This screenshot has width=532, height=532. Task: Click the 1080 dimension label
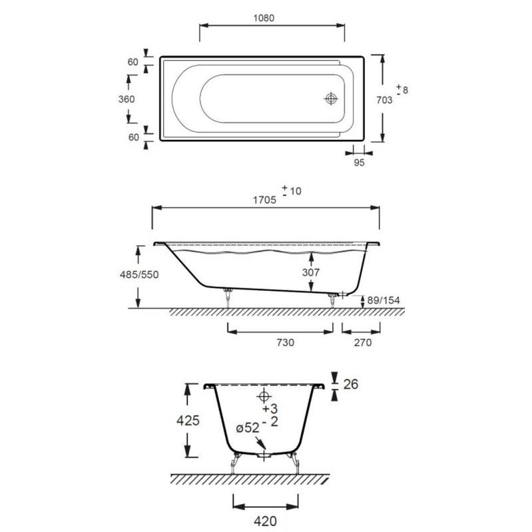coord(264,18)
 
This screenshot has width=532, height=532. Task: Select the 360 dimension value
coord(127,99)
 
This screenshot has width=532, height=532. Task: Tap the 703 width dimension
coord(384,100)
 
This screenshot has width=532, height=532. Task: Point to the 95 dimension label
coord(359,162)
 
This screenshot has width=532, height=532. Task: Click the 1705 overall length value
coord(264,200)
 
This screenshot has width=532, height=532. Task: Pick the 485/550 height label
coord(139,274)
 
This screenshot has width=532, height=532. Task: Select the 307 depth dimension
coord(311,272)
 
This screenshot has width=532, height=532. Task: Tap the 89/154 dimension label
coord(384,300)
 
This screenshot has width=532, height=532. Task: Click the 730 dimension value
coord(285,343)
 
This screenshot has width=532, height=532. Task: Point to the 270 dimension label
coord(363,343)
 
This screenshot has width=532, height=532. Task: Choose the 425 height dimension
coord(188,421)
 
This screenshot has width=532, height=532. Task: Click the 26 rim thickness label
coord(351,384)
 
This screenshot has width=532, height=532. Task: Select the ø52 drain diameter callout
coord(248,428)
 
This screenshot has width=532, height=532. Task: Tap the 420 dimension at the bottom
coord(265,521)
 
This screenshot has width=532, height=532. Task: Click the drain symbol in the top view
coord(331,99)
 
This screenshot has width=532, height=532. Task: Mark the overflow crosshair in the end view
coord(264,396)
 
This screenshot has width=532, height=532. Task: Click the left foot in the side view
coord(228,298)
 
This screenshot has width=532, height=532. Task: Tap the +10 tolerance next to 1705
coord(292,190)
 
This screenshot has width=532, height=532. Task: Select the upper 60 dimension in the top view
coord(133,62)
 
